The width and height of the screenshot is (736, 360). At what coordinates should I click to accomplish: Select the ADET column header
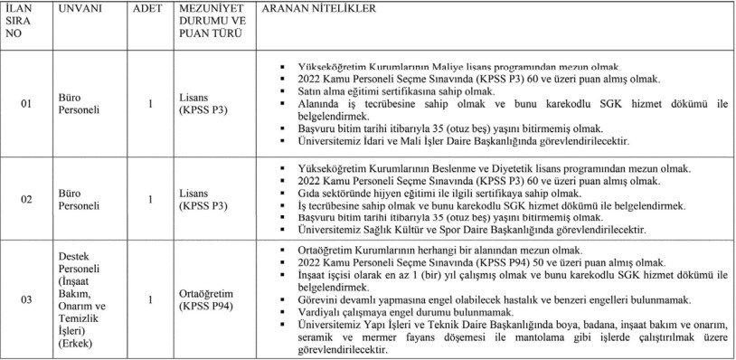click(x=148, y=8)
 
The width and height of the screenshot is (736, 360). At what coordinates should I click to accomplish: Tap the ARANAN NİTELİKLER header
click(x=307, y=8)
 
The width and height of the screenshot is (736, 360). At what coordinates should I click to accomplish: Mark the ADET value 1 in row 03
click(x=149, y=298)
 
